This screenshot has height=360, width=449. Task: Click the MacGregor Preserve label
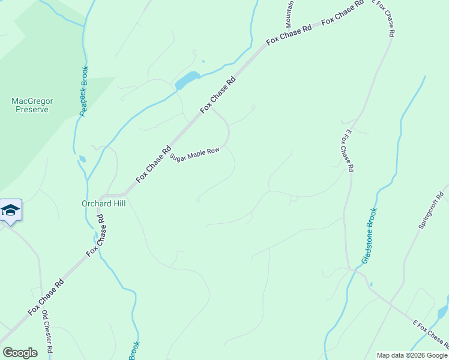[x=32, y=106]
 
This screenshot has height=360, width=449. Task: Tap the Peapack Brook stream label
[x=84, y=91]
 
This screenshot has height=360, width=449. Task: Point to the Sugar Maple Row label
[x=195, y=155]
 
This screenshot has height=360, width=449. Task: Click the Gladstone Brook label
[x=369, y=236]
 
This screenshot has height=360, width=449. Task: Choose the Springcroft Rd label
[x=431, y=210]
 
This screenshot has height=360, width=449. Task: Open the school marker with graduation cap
[x=10, y=211]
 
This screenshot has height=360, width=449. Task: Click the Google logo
[x=20, y=352]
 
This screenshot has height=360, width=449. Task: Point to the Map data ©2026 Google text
[x=412, y=355]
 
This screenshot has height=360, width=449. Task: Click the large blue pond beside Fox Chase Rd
[x=187, y=80]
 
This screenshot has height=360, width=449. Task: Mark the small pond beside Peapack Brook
[x=82, y=160]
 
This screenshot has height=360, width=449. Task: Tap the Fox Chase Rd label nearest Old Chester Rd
[x=46, y=298]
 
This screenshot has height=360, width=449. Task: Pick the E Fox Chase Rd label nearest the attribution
[x=430, y=334]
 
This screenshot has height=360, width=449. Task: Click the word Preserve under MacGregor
[x=32, y=110]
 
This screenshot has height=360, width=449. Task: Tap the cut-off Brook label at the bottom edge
[x=134, y=350]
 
